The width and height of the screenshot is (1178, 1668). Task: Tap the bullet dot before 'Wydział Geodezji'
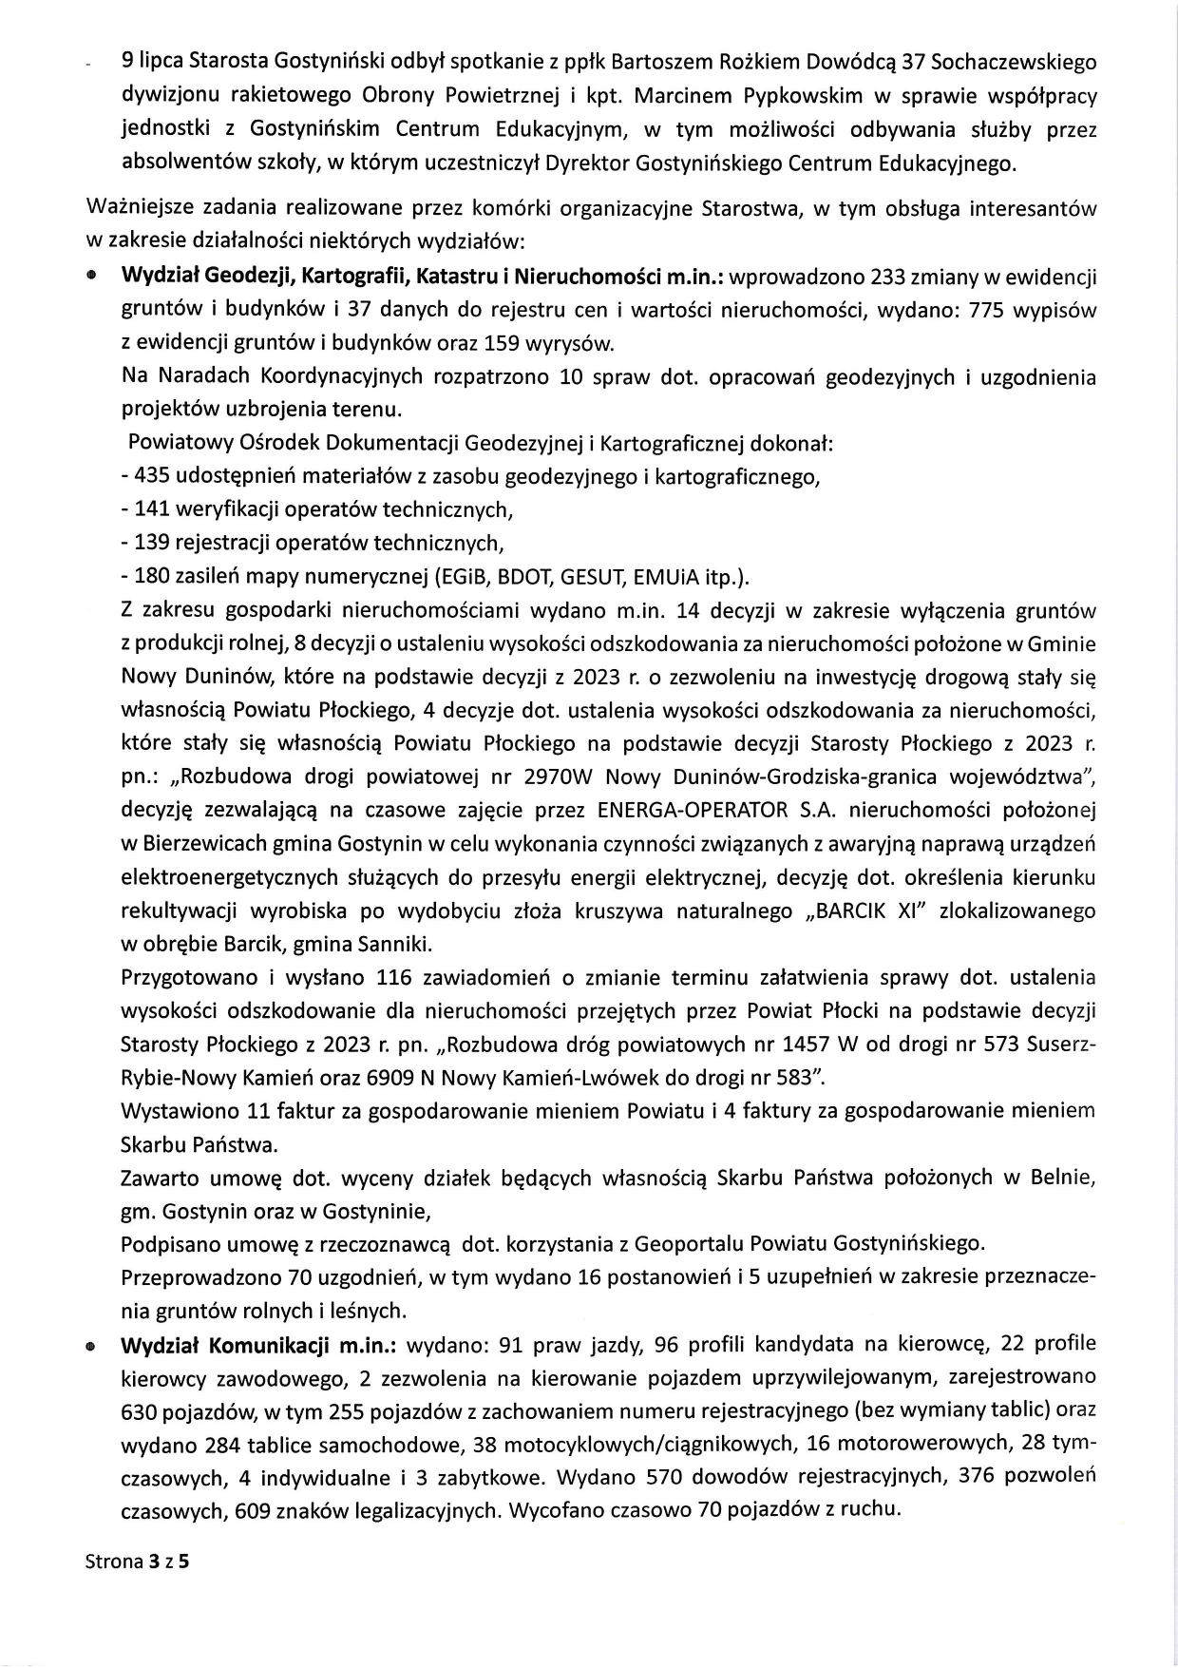click(x=91, y=278)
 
